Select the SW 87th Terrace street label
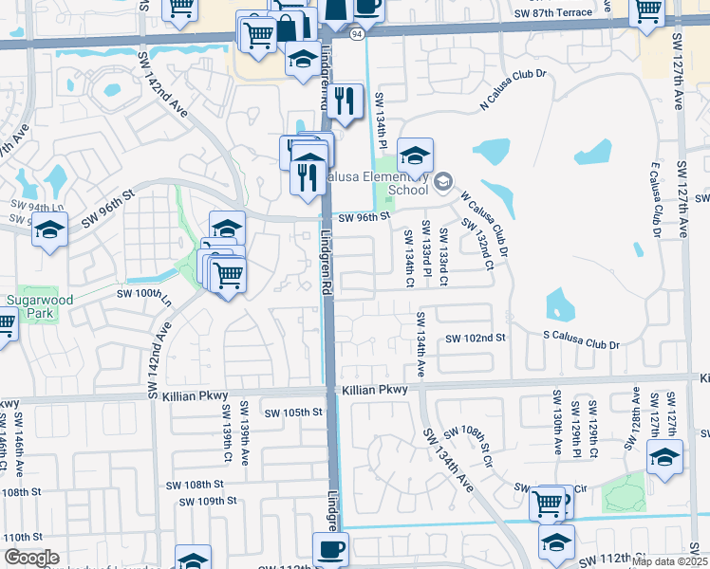(566, 13)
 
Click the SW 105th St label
(294, 413)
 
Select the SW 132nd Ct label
(476, 243)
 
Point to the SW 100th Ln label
(143, 295)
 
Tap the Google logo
(30, 558)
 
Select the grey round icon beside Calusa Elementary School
(443, 182)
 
